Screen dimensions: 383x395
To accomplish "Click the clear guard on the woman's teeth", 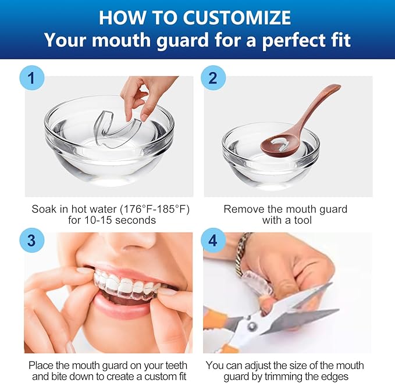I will pyautogui.click(x=128, y=287).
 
